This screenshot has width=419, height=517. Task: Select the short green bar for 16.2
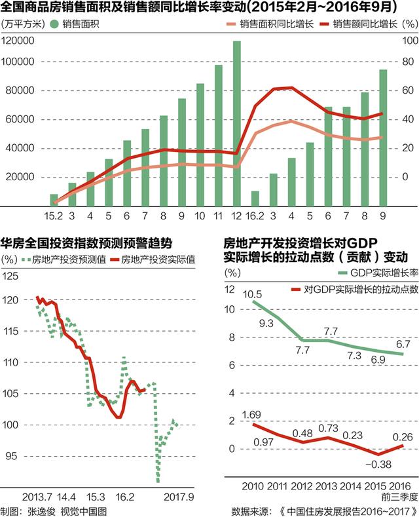pyautogui.click(x=255, y=198)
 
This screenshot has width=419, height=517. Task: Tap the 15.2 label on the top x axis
pyautogui.click(x=53, y=215)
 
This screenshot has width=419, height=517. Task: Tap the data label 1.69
pyautogui.click(x=251, y=415)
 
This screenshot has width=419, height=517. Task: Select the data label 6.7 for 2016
pyautogui.click(x=403, y=343)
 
